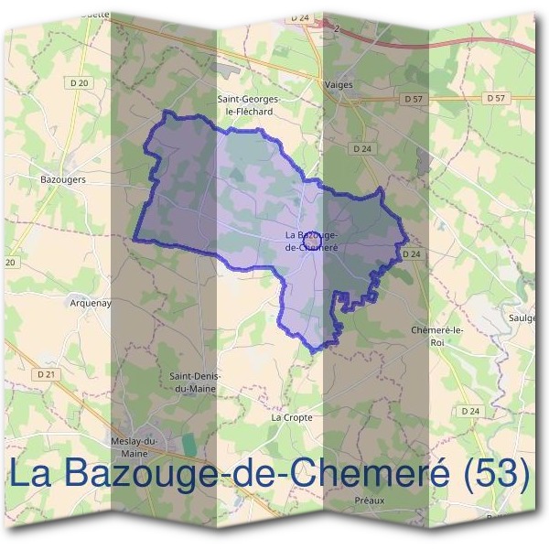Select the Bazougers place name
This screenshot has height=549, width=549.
point(64,180)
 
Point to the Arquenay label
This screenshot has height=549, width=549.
point(90,302)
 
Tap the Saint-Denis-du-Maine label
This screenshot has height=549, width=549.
point(193,381)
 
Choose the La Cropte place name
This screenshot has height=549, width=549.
point(292,417)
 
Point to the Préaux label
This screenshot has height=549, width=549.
point(370,501)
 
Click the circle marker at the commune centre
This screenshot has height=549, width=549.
point(310,238)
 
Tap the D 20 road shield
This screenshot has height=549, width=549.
point(80,83)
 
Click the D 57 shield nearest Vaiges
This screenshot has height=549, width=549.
point(413,97)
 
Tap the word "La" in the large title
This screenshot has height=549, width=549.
point(32,475)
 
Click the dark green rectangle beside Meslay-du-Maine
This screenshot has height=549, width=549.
point(189,443)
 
